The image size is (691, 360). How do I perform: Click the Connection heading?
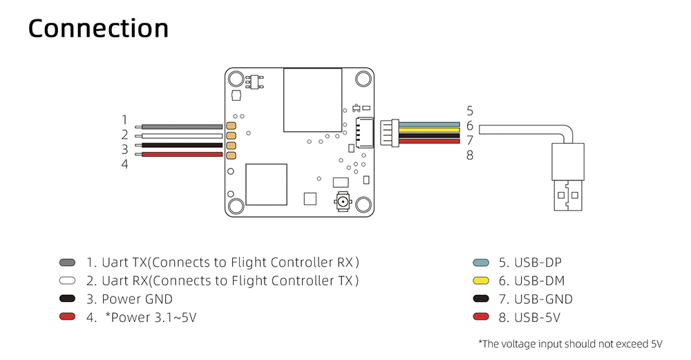coord(98,29)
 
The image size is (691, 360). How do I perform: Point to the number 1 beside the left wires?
coord(125,120)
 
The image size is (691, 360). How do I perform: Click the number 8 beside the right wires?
coord(470,155)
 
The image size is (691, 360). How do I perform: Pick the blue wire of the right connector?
coord(429,124)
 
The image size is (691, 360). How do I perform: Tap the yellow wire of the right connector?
coord(429,130)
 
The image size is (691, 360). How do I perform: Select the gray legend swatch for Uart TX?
coord(67,263)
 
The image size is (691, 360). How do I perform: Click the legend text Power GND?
coord(137,299)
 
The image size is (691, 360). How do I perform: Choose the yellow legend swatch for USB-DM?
coord(482,281)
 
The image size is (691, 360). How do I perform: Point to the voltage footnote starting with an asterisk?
coord(570,343)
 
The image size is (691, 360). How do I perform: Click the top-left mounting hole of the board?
coord(236,78)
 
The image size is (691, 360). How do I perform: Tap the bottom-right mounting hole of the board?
coord(363,205)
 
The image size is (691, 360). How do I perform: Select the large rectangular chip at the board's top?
coord(313,100)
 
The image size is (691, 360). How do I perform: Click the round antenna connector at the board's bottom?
coord(343,204)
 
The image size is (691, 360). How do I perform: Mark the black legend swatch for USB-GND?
coord(482,300)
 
